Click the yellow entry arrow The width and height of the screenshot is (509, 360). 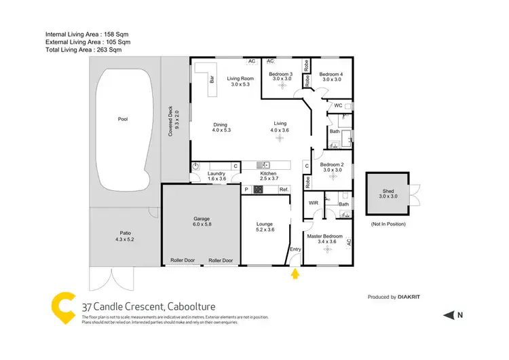click(x=295, y=274)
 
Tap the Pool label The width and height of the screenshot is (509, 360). click(x=123, y=119)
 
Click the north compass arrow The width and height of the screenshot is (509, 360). click(x=449, y=314)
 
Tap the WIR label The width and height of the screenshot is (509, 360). click(x=314, y=203)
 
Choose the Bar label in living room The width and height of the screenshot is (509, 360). click(x=212, y=79)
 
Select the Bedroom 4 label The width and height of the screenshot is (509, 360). click(x=331, y=74)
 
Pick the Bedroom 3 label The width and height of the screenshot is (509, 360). click(x=281, y=74)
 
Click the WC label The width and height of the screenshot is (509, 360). click(x=337, y=106)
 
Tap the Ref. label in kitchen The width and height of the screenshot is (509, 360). click(x=284, y=189)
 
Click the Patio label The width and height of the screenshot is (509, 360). click(x=126, y=235)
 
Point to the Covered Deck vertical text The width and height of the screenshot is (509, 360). click(x=174, y=117)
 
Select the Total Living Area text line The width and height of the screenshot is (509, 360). click(x=83, y=50)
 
